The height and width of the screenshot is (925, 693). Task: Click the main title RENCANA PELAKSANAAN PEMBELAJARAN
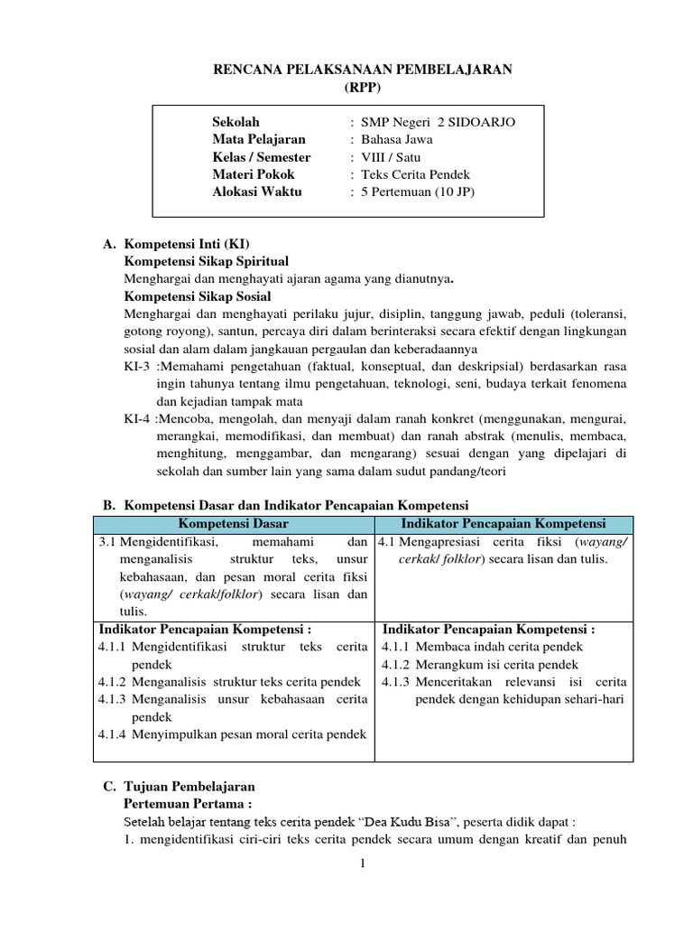pos(363,70)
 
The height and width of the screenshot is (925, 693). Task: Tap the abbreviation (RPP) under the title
pos(363,87)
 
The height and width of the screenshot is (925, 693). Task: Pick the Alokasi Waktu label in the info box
pos(257,192)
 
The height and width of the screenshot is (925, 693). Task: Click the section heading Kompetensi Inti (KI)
pos(187,244)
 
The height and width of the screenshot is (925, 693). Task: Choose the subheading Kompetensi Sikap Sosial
pos(197,296)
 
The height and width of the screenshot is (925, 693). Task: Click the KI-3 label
pos(139,367)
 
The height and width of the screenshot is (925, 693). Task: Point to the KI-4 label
pos(139,419)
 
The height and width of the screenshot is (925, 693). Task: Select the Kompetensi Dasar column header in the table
pos(234,525)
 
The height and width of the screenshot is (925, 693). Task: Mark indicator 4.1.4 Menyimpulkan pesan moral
pos(233,734)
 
